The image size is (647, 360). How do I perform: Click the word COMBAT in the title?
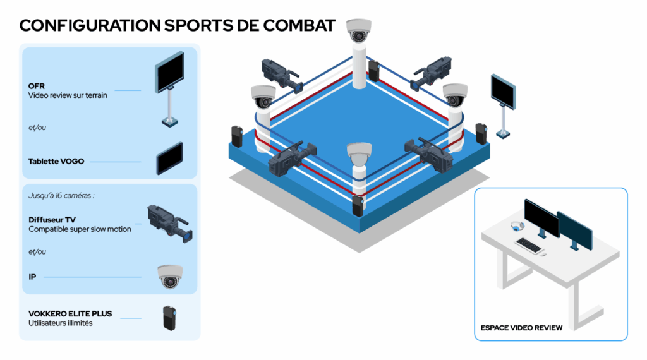pos(299,25)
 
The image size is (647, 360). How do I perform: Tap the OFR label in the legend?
pos(36,86)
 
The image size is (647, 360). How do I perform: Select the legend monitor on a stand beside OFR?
pos(169,88)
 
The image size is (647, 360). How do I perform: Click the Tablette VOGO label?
pos(56,161)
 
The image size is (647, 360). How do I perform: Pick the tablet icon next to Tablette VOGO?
pos(169,159)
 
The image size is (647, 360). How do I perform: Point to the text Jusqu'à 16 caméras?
pos(61,195)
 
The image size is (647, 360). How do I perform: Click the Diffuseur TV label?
pos(52,220)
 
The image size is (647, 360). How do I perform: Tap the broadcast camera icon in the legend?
pos(170,224)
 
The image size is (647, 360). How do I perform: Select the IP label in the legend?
pos(32,277)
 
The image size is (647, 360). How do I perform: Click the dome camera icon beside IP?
pos(170,276)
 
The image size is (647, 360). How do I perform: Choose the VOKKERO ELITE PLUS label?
pos(70,314)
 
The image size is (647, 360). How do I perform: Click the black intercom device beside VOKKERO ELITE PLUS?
pos(169,318)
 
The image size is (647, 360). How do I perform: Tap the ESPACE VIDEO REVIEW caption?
pos(521,328)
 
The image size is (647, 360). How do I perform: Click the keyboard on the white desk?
pos(528,245)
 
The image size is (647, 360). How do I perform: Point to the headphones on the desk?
pos(517,226)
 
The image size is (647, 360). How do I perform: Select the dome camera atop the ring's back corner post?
pos(359,30)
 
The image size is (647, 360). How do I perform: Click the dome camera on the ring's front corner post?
pos(359,154)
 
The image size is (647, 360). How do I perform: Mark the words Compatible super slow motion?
pos(80,229)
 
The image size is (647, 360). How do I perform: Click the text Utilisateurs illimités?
pos(60,323)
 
